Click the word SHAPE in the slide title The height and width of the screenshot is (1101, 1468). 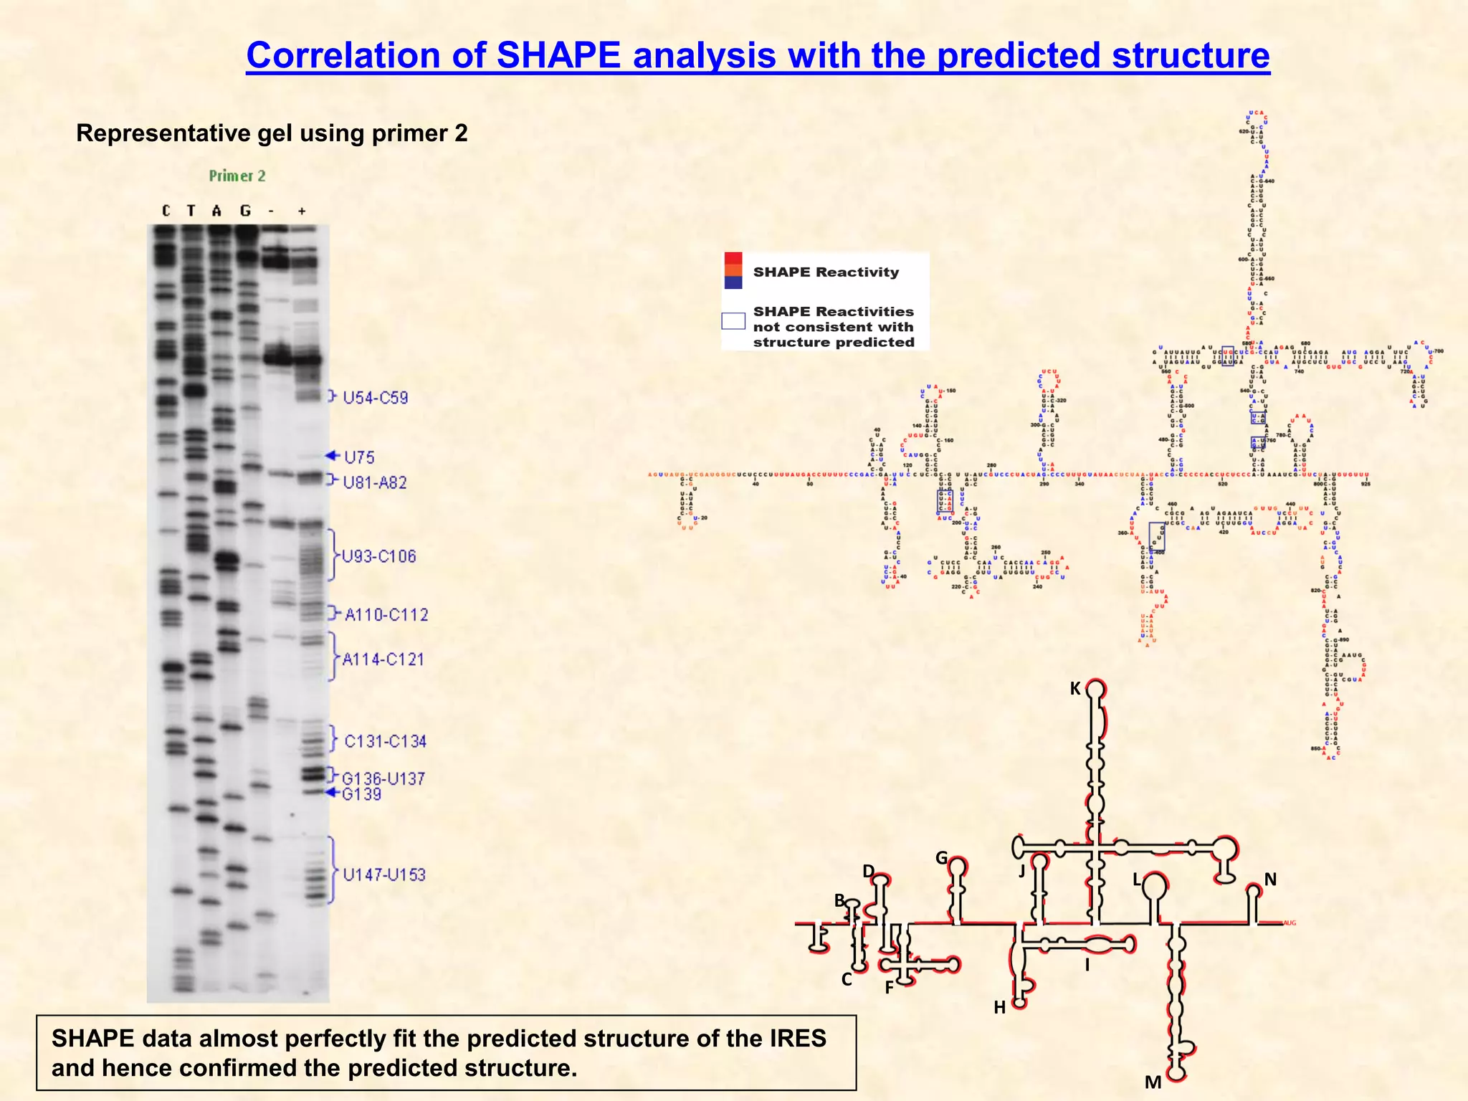(558, 55)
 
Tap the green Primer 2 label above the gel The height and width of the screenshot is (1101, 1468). (237, 176)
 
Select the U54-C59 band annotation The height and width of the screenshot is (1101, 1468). (375, 398)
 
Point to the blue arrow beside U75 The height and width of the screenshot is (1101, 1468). (333, 456)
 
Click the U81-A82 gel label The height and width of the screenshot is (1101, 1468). (374, 482)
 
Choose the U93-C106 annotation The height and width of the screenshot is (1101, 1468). (378, 556)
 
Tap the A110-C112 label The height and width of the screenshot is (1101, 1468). (386, 614)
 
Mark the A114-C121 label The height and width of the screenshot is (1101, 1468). (383, 659)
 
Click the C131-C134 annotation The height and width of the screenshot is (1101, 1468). (385, 741)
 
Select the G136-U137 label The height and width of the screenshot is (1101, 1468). (383, 778)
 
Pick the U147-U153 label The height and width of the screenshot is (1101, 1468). (384, 874)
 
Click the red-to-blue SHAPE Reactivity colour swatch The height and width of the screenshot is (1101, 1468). (733, 270)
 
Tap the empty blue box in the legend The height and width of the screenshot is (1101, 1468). (733, 320)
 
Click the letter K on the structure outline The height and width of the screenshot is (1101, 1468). (1074, 689)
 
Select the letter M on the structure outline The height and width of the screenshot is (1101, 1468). (1152, 1082)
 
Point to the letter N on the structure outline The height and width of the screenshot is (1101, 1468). (1270, 880)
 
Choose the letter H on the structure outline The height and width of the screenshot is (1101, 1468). (999, 1008)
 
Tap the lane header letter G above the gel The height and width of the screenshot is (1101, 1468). (246, 211)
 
